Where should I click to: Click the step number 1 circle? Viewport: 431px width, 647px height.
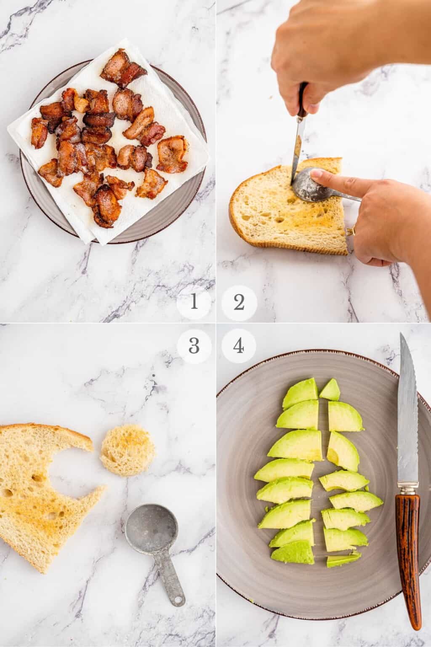(x=193, y=302)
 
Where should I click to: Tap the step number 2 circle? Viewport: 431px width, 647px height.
(x=239, y=302)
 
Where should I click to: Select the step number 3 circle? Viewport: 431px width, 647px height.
(x=193, y=346)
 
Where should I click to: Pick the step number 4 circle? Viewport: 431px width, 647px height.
(x=239, y=346)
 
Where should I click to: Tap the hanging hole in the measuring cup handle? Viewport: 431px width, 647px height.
(x=180, y=598)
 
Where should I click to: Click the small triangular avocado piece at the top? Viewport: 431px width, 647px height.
(x=330, y=390)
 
